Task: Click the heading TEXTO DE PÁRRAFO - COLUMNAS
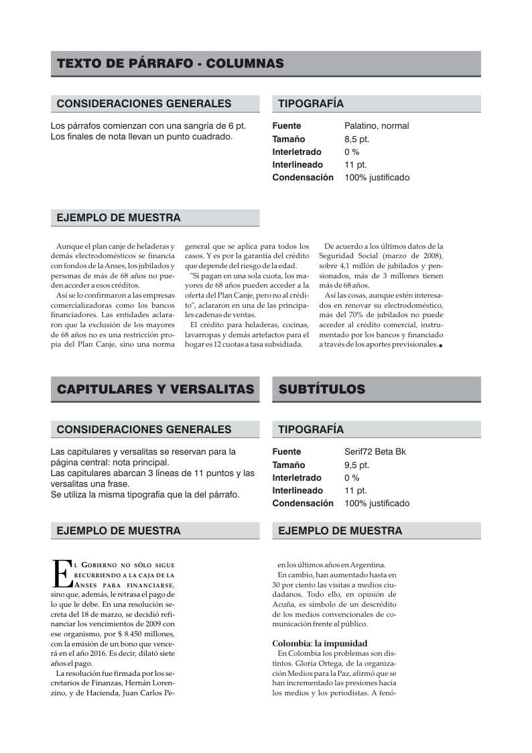coord(170,64)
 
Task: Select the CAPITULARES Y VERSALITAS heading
coord(155,390)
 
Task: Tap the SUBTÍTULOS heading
coord(322,390)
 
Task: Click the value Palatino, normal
coord(377,126)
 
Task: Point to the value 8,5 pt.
coord(357,139)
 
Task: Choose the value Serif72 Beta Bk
coord(375,452)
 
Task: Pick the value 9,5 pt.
coord(357,465)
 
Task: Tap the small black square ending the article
coord(441,345)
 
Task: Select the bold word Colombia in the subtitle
coord(291,643)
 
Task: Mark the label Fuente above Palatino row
coord(286,126)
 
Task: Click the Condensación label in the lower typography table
coord(302,504)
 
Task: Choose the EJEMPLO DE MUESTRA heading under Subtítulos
coord(340,531)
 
